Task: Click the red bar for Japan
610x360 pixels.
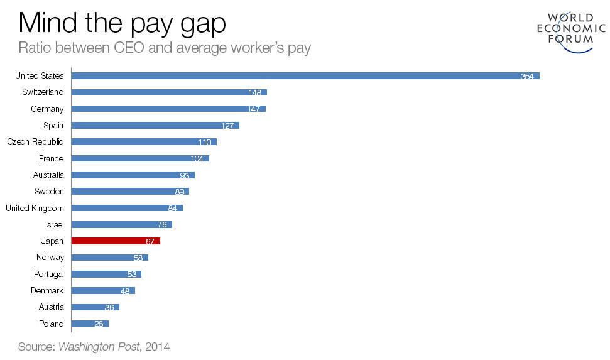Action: [x=116, y=241]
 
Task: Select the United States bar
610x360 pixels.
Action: [x=305, y=75]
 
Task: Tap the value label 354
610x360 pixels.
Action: [x=526, y=76]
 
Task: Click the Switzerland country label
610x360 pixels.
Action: [x=40, y=92]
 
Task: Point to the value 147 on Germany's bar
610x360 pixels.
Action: [x=254, y=109]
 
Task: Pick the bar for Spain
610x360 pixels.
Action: [x=155, y=125]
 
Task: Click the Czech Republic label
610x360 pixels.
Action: [x=35, y=142]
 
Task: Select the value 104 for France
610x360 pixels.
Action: [x=198, y=159]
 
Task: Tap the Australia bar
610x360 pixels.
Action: [x=133, y=175]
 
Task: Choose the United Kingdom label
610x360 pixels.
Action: [x=35, y=208]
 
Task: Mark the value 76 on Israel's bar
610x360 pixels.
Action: [x=162, y=225]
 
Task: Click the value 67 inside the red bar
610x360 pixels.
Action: [x=150, y=241]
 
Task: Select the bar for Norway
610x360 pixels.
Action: [x=109, y=258]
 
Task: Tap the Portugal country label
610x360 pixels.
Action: [x=48, y=274]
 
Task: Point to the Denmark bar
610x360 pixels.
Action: [x=103, y=290]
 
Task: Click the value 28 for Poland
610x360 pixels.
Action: [x=99, y=324]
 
